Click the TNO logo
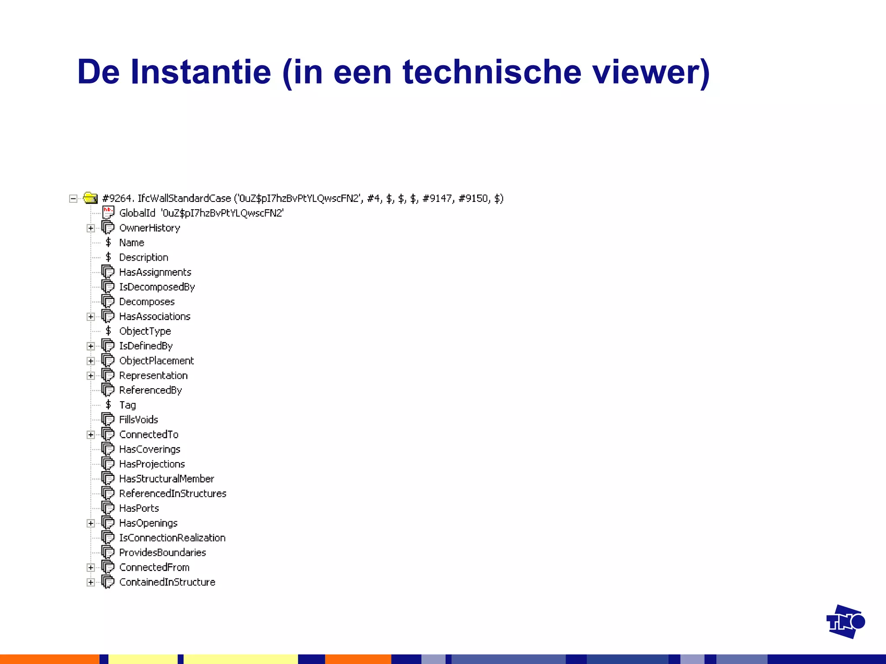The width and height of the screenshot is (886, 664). click(x=845, y=622)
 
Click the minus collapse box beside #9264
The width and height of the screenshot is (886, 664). click(x=73, y=198)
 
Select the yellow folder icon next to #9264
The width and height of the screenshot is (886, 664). click(x=90, y=198)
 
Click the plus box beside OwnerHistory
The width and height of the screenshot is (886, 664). click(x=90, y=228)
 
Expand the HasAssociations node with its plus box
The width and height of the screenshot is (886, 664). click(x=90, y=317)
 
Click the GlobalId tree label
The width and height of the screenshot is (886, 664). click(x=137, y=213)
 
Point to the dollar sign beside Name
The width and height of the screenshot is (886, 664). click(x=108, y=243)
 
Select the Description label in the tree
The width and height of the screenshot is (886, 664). click(x=144, y=258)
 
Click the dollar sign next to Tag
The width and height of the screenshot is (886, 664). click(x=108, y=405)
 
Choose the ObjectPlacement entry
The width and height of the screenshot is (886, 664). click(x=157, y=361)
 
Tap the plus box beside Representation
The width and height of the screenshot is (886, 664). click(x=90, y=376)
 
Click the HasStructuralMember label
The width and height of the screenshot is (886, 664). click(x=167, y=479)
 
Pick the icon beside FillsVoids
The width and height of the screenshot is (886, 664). click(x=108, y=419)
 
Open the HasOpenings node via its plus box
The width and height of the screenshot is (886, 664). click(x=90, y=524)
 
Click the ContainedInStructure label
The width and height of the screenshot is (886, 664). click(x=167, y=582)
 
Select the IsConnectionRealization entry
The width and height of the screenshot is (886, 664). click(x=172, y=538)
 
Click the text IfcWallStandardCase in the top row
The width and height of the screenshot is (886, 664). click(x=184, y=198)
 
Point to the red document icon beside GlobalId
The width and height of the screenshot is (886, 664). click(x=108, y=213)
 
